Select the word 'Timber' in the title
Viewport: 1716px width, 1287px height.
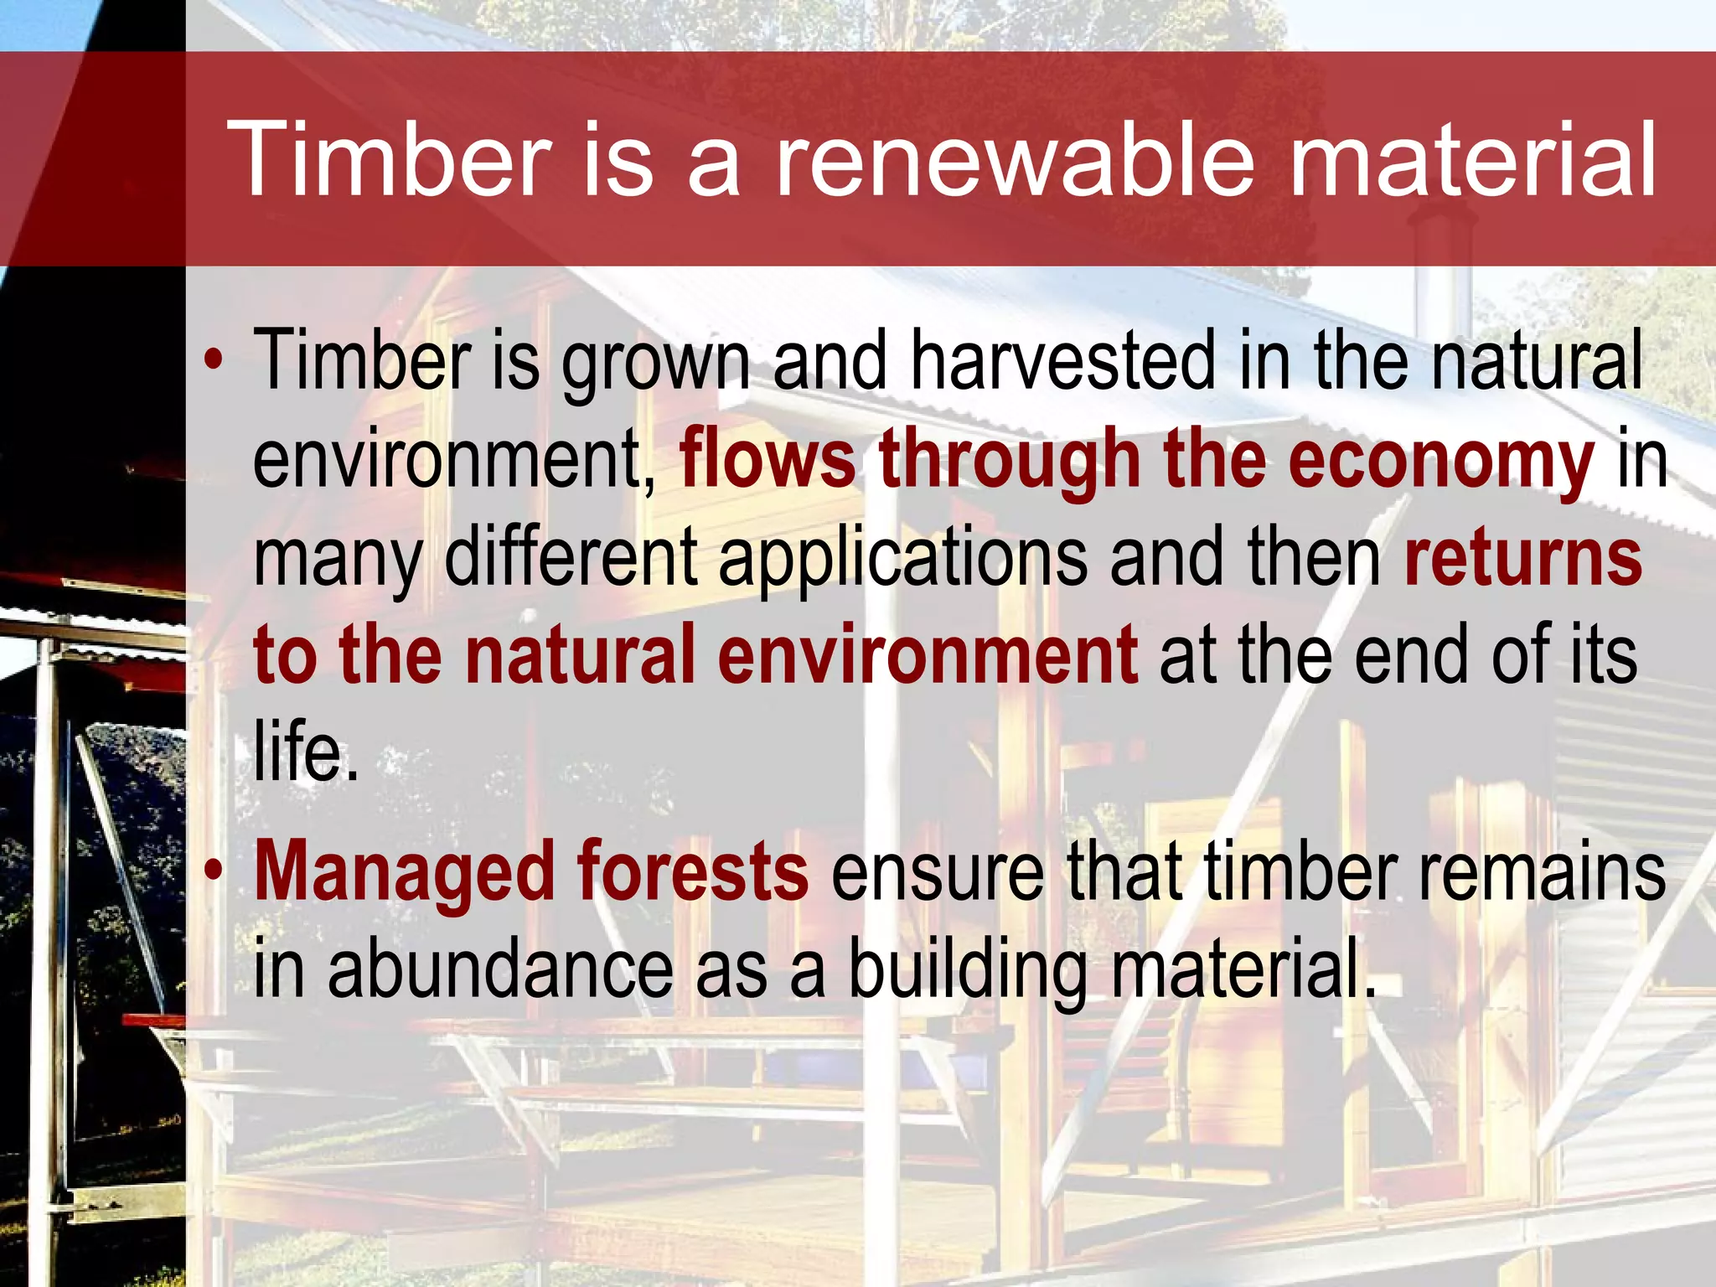click(389, 159)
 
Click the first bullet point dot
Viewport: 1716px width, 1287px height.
click(214, 360)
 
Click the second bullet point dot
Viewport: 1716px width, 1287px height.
click(214, 871)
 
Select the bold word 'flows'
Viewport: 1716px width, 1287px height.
click(768, 459)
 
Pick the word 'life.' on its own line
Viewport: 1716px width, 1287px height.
click(306, 752)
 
